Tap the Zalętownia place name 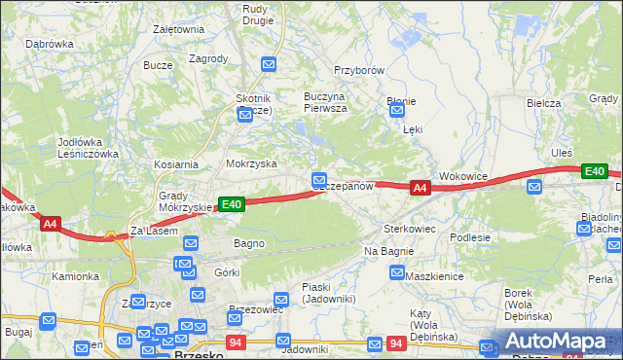178,29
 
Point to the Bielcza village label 544,103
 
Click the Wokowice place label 462,176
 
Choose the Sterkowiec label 408,228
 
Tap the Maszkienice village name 432,276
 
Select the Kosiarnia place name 175,164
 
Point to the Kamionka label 75,276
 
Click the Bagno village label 249,242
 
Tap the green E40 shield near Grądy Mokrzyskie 230,204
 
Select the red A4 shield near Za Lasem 51,224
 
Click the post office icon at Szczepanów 319,180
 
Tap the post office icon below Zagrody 270,65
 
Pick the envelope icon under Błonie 396,113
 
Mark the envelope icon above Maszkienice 396,273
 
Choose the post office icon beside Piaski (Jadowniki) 281,299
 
